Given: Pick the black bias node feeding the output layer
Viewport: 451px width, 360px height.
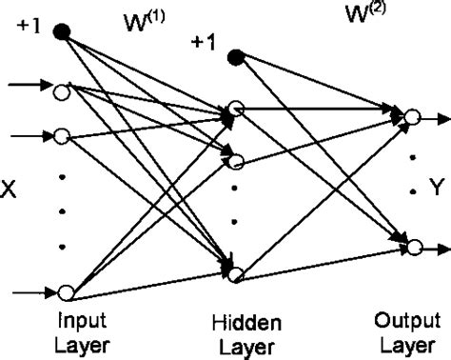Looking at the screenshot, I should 237,56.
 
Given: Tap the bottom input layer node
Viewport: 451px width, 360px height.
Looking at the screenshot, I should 65,292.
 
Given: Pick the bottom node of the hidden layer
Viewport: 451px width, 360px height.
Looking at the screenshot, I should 237,275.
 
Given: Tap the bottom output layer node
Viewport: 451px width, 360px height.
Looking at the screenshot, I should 412,247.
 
